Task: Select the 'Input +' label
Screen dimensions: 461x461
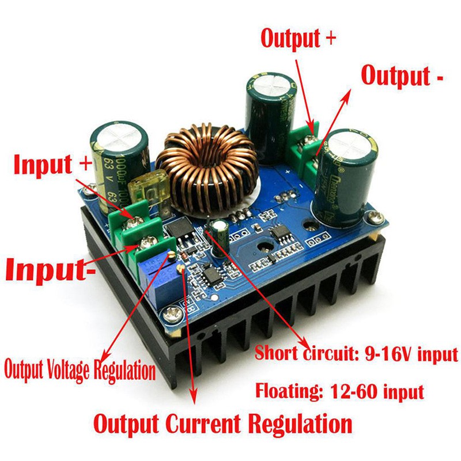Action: pyautogui.click(x=52, y=164)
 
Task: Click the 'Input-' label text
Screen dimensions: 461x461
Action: pyautogui.click(x=51, y=269)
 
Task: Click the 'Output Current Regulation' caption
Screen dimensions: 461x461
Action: pyautogui.click(x=222, y=424)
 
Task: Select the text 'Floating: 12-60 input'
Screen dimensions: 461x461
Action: pyautogui.click(x=340, y=392)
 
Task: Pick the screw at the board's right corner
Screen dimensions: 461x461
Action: pyautogui.click(x=376, y=218)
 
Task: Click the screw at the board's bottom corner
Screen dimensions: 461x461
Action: pyautogui.click(x=170, y=315)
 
